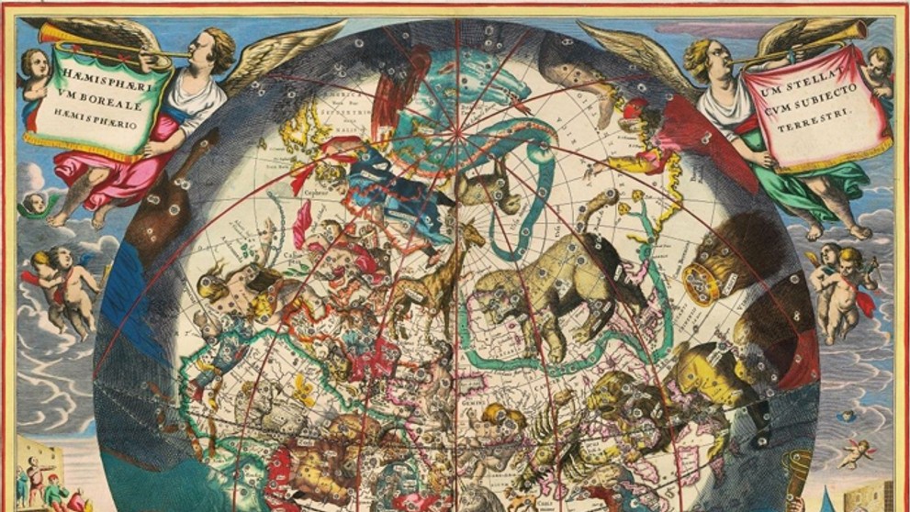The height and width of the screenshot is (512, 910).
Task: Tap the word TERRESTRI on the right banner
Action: pyautogui.click(x=824, y=107)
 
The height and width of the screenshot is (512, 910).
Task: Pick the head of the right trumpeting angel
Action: pyautogui.click(x=697, y=55)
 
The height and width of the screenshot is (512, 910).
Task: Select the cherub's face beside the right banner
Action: pyautogui.click(x=877, y=62)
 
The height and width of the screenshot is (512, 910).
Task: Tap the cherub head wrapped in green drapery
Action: pyautogui.click(x=37, y=204)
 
